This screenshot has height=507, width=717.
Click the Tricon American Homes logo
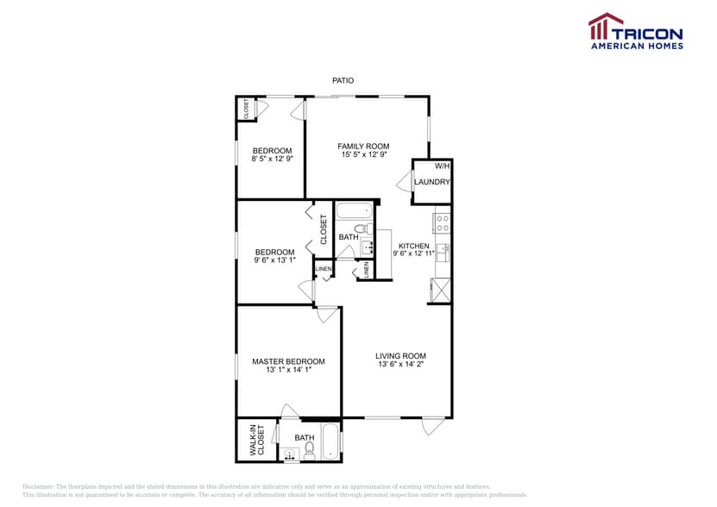pyautogui.click(x=636, y=31)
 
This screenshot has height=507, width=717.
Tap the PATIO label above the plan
pyautogui.click(x=343, y=80)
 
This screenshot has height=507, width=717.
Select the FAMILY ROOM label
pyautogui.click(x=363, y=146)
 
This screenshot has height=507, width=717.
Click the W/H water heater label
pyautogui.click(x=441, y=166)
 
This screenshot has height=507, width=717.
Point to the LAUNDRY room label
pyautogui.click(x=432, y=182)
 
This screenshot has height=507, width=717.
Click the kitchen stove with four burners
pyautogui.click(x=442, y=222)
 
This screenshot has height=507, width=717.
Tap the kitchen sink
pyautogui.click(x=442, y=252)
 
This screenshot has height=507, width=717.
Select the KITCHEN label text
pyautogui.click(x=413, y=246)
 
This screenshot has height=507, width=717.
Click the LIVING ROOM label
pyautogui.click(x=400, y=355)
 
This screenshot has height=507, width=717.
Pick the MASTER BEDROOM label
pyautogui.click(x=288, y=361)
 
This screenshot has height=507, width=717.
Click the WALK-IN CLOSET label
pyautogui.click(x=256, y=440)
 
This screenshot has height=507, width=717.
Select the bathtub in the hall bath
pyautogui.click(x=352, y=210)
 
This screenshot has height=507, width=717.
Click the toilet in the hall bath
pyautogui.click(x=368, y=229)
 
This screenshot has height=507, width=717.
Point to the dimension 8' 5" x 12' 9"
pyautogui.click(x=272, y=159)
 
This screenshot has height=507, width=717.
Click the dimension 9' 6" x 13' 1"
pyautogui.click(x=274, y=260)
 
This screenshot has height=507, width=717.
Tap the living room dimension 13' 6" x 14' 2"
pyautogui.click(x=400, y=364)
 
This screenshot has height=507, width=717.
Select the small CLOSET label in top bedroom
pyautogui.click(x=246, y=109)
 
